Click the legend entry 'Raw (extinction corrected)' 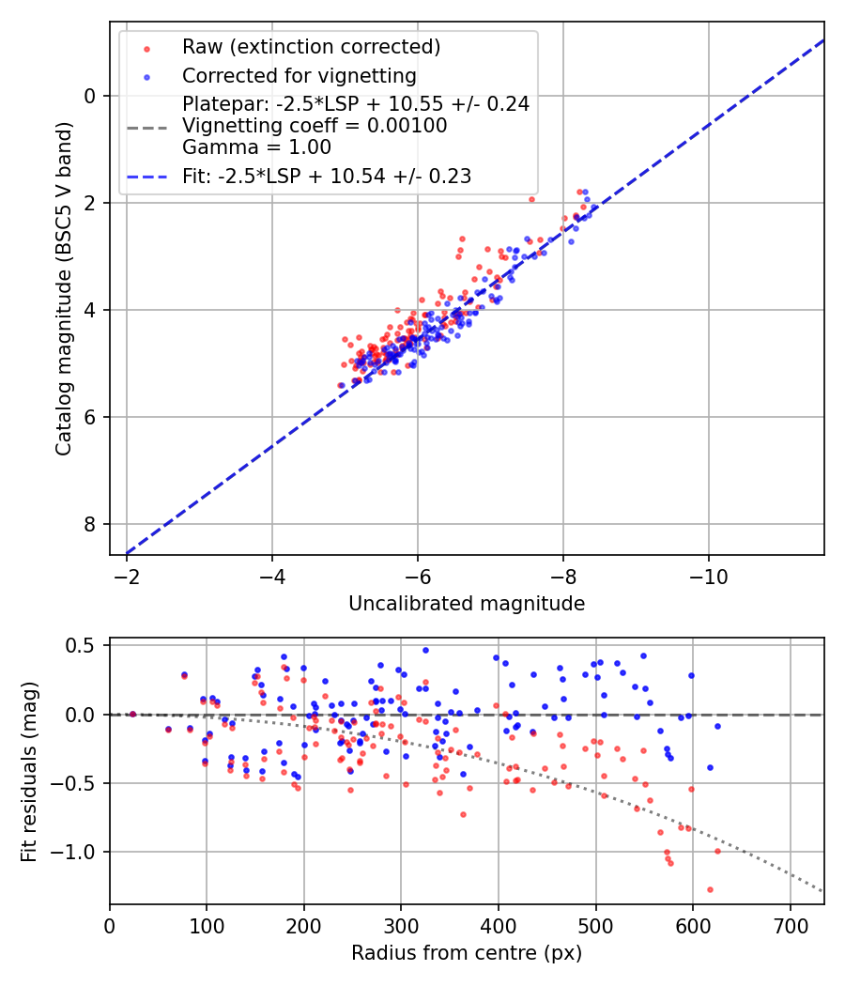tap(311, 46)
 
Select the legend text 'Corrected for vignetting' tap(299, 75)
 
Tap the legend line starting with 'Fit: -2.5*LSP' tap(326, 176)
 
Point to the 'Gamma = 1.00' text tap(256, 146)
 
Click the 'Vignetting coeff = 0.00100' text tap(315, 125)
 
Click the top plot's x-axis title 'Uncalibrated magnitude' tap(467, 604)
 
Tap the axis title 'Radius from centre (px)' tap(467, 953)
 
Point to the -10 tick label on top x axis tap(708, 576)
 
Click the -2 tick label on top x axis tap(127, 576)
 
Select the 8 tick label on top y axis tap(90, 524)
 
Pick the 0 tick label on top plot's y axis tap(90, 96)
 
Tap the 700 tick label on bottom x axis tap(790, 925)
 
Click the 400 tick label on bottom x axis tap(499, 925)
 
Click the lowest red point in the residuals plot tap(710, 889)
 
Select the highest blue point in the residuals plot tap(425, 650)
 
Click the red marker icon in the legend tap(146, 47)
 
